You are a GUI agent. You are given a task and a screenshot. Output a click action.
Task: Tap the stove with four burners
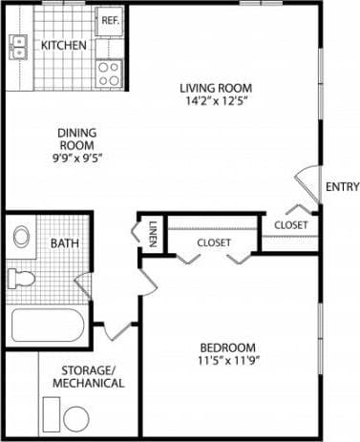(x=109, y=70)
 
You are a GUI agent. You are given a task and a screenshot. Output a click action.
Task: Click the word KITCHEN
(x=64, y=45)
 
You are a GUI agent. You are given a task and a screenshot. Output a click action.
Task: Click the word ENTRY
(x=341, y=187)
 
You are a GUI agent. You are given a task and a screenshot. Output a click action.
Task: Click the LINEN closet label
(x=152, y=233)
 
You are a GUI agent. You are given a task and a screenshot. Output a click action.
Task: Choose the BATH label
(x=64, y=243)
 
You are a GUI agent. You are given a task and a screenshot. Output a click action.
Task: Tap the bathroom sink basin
(x=21, y=237)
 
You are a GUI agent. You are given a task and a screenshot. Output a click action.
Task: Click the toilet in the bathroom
(x=21, y=279)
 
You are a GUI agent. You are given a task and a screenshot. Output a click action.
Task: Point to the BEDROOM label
(x=227, y=347)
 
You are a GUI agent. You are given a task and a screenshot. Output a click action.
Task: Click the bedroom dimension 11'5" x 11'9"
(x=227, y=362)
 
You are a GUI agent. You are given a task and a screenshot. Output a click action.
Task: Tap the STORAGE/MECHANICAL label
(x=88, y=375)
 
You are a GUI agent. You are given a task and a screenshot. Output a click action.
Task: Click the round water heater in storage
(x=75, y=417)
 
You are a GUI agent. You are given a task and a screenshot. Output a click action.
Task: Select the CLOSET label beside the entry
(x=290, y=224)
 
